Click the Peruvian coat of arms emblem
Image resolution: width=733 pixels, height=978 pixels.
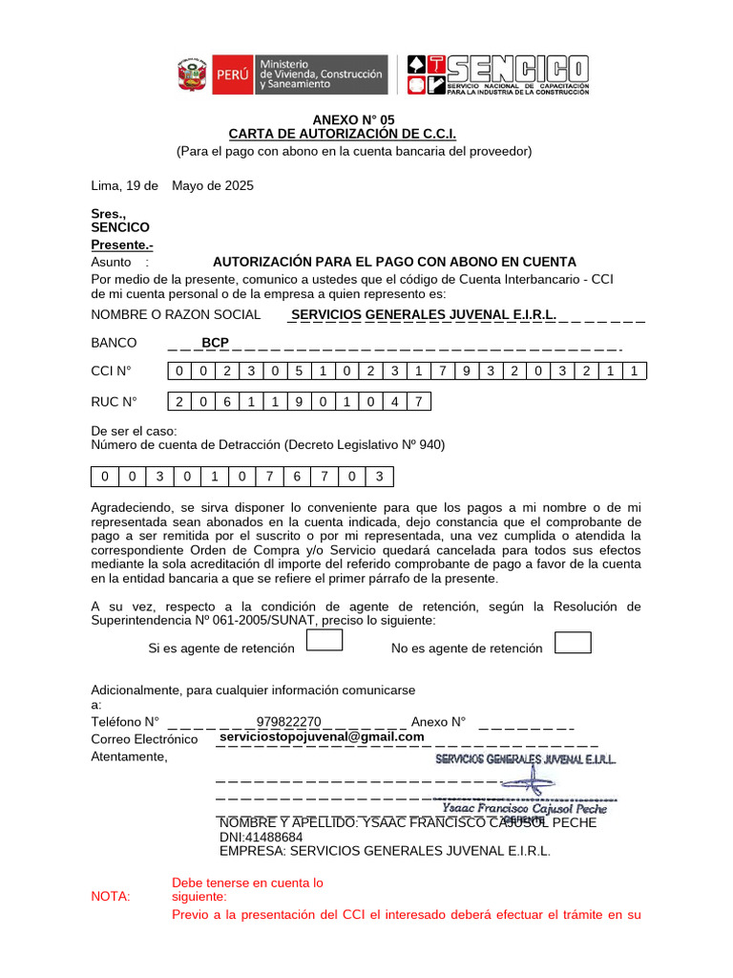click(192, 74)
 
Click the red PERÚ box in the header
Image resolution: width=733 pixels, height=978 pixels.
click(232, 74)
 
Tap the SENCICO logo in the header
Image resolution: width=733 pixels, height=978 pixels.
click(497, 74)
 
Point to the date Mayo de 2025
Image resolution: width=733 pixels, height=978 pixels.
click(213, 186)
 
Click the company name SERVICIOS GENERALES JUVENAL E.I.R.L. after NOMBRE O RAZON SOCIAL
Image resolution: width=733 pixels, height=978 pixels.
click(424, 314)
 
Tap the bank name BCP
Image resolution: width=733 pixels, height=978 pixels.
click(215, 342)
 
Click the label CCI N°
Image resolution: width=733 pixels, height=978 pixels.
click(112, 371)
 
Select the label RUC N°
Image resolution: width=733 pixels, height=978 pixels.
click(115, 401)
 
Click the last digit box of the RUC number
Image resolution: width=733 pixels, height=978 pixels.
click(418, 402)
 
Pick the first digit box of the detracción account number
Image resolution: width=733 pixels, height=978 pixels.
click(104, 476)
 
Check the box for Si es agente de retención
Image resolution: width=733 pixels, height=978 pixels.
click(325, 642)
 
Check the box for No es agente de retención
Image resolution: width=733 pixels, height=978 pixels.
click(573, 642)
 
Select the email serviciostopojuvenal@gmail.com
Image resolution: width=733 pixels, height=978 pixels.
click(322, 737)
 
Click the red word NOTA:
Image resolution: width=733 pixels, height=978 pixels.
click(112, 896)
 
